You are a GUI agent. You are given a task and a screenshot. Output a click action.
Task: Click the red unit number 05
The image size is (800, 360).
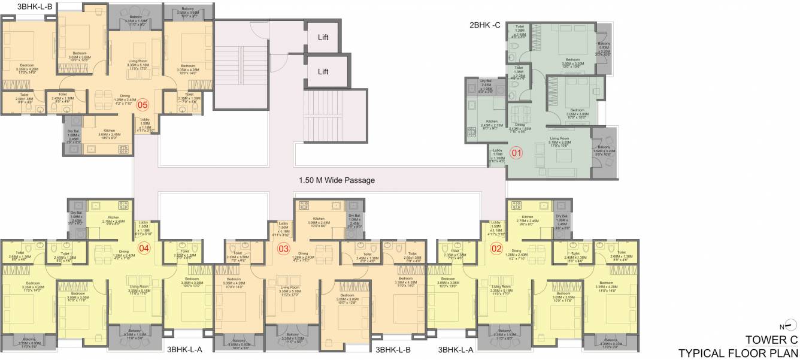click(x=143, y=106)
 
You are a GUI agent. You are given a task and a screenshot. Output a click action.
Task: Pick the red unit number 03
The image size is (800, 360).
click(x=284, y=249)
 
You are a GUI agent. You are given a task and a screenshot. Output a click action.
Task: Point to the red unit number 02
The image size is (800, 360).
click(x=496, y=248)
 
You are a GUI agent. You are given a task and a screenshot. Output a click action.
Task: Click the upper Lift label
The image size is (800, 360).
click(x=323, y=37)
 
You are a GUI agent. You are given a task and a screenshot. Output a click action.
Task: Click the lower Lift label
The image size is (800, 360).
click(x=323, y=72)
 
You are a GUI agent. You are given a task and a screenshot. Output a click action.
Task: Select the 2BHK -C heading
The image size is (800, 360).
click(x=485, y=25)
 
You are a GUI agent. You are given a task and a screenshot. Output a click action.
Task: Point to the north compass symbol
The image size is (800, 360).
click(x=790, y=326)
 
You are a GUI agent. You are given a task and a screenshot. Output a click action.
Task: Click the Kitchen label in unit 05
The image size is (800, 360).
click(x=109, y=130)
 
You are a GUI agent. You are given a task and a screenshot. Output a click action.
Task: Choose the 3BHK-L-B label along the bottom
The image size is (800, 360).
click(x=393, y=349)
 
